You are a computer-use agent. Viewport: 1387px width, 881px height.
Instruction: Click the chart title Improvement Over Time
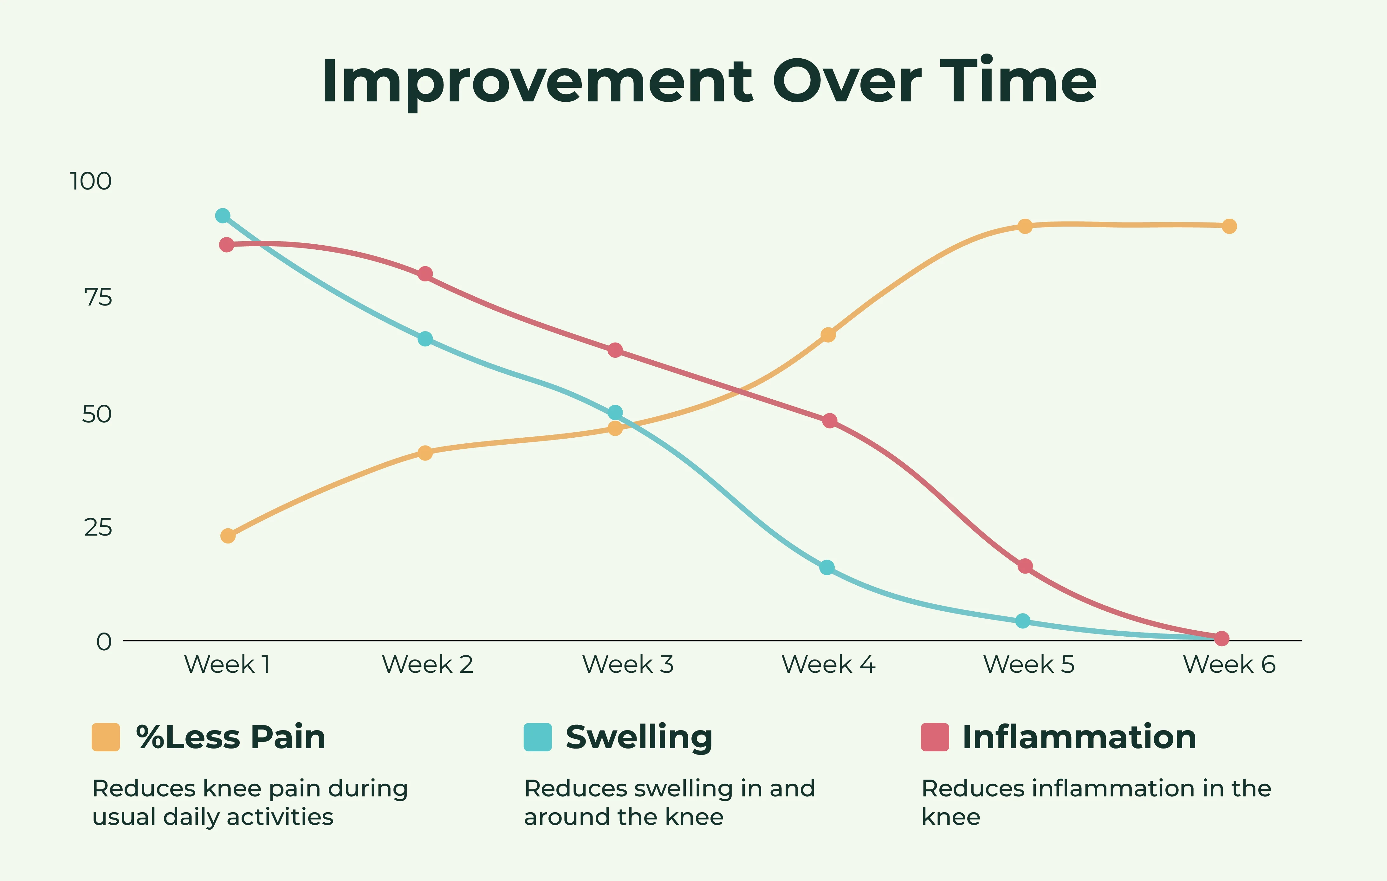709,82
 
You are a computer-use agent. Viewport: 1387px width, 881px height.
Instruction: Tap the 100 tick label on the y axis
90,181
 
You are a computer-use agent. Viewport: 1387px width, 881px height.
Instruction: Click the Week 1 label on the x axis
227,665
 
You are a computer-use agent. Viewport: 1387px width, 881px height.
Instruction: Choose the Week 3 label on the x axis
628,665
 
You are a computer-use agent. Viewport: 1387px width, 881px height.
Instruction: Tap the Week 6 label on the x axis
1229,665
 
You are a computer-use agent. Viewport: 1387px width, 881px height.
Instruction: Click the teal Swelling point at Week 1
222,216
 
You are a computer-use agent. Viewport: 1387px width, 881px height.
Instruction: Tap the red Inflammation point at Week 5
1025,566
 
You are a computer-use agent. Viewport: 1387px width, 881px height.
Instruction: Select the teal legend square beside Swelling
537,737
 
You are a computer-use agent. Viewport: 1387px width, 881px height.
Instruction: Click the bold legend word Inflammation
1079,737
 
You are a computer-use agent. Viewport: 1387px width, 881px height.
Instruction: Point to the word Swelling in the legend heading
639,737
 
